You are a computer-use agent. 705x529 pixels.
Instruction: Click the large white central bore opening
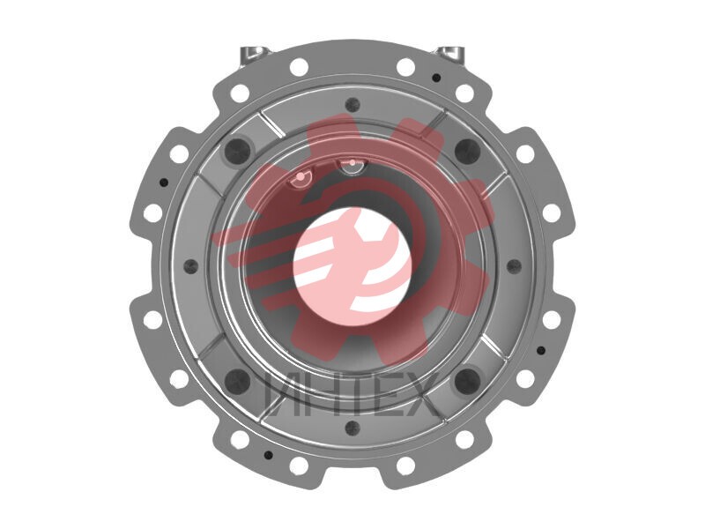coord(352,265)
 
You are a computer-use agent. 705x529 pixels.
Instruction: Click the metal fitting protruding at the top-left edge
coord(252,53)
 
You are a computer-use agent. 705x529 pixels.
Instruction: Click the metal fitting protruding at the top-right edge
coord(451,53)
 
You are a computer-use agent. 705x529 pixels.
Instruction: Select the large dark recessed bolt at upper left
coord(237,149)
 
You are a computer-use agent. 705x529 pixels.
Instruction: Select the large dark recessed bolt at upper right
coord(468,149)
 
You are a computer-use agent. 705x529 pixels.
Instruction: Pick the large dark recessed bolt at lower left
coord(237,381)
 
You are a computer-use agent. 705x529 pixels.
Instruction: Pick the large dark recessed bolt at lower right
coord(468,381)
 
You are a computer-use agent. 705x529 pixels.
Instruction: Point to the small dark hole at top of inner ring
coord(352,104)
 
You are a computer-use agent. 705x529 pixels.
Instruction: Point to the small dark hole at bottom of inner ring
coord(352,428)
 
